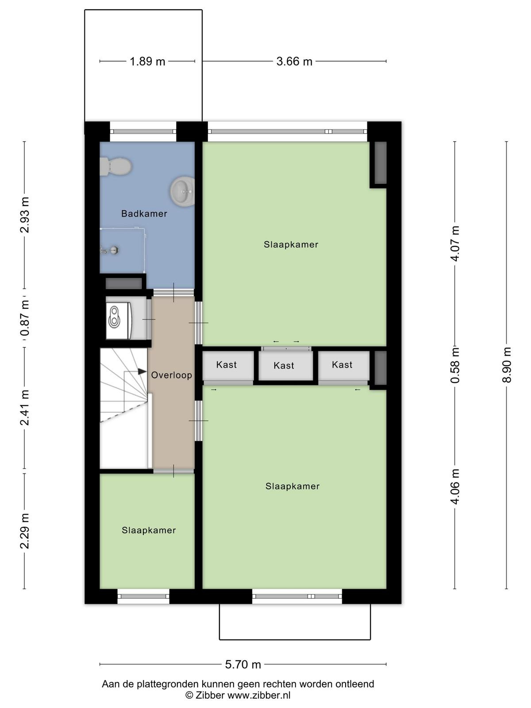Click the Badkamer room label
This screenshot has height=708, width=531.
pyautogui.click(x=144, y=214)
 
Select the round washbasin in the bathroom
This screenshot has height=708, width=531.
pyautogui.click(x=182, y=191)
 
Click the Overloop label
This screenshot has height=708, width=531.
pyautogui.click(x=171, y=375)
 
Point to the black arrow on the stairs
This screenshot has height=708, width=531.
pyautogui.click(x=142, y=371)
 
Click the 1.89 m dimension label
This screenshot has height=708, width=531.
pyautogui.click(x=147, y=61)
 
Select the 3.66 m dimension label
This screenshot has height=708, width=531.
pyautogui.click(x=294, y=61)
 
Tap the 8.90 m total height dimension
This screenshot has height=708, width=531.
pyautogui.click(x=506, y=365)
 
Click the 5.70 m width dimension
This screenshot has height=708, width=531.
pyautogui.click(x=243, y=665)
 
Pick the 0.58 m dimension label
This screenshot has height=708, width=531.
pyautogui.click(x=455, y=365)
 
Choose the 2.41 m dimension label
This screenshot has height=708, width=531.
pyautogui.click(x=24, y=408)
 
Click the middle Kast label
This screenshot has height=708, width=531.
pyautogui.click(x=284, y=366)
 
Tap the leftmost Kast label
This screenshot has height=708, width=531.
pyautogui.click(x=226, y=365)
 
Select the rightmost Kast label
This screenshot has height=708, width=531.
pyautogui.click(x=342, y=365)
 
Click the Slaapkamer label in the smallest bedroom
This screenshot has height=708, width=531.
pyautogui.click(x=149, y=530)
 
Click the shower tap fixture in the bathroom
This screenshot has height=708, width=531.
pyautogui.click(x=110, y=249)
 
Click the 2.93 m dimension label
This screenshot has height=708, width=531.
pyautogui.click(x=24, y=215)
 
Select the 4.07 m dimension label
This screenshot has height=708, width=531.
pyautogui.click(x=455, y=243)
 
